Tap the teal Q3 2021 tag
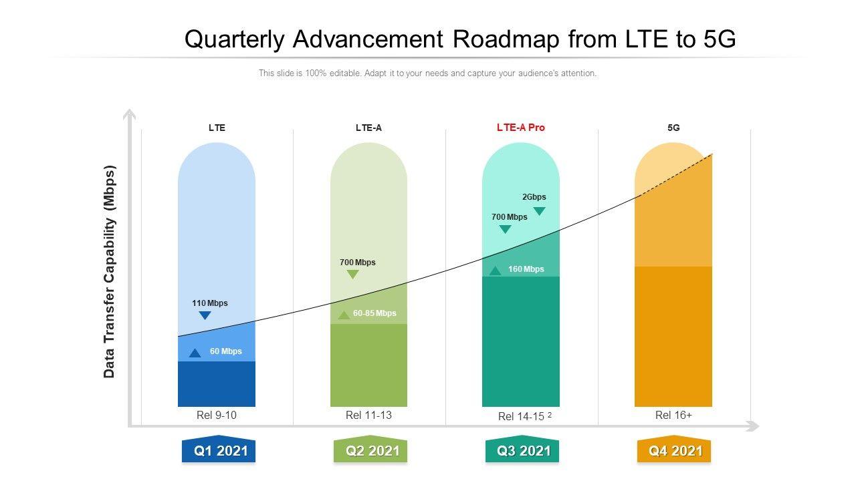[522, 451]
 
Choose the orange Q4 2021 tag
[674, 451]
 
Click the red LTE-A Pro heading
[521, 128]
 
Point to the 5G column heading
[673, 128]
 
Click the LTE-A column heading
[368, 128]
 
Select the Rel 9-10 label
[217, 415]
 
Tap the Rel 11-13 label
[368, 415]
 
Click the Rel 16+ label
[673, 415]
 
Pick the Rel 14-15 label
[522, 416]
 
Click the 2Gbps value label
[534, 197]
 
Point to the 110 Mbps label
[210, 303]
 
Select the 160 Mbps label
[526, 269]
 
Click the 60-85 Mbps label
[374, 313]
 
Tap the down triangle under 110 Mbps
[205, 315]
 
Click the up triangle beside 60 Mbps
[195, 353]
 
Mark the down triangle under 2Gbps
[540, 211]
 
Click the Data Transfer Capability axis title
[110, 271]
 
